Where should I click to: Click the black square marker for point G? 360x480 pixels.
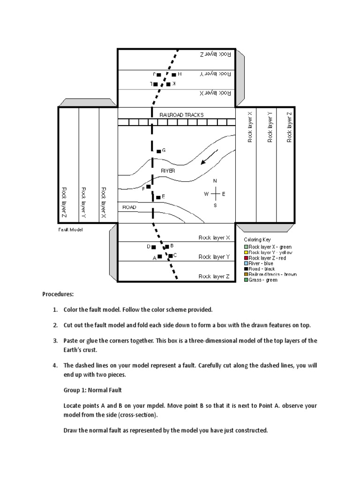pyautogui.click(x=158, y=151)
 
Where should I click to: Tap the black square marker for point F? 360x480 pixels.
pyautogui.click(x=148, y=187)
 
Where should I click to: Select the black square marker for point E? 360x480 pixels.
pyautogui.click(x=158, y=197)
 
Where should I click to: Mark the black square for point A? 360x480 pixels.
pyautogui.click(x=159, y=256)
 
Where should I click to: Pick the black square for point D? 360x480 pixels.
pyautogui.click(x=154, y=247)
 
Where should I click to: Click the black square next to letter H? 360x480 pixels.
pyautogui.click(x=173, y=75)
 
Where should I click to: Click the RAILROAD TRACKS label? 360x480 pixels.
pyautogui.click(x=181, y=115)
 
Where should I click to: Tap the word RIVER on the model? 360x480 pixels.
pyautogui.click(x=168, y=171)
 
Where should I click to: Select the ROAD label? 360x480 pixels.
pyautogui.click(x=129, y=207)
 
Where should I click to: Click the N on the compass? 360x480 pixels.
pyautogui.click(x=215, y=181)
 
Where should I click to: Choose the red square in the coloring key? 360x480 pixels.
pyautogui.click(x=246, y=258)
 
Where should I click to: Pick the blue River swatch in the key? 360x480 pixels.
pyautogui.click(x=246, y=263)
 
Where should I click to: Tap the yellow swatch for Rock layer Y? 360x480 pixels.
pyautogui.click(x=246, y=252)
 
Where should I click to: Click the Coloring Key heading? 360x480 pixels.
pyautogui.click(x=257, y=240)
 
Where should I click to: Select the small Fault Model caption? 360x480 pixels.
pyautogui.click(x=71, y=230)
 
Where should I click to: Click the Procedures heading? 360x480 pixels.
pyautogui.click(x=58, y=294)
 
